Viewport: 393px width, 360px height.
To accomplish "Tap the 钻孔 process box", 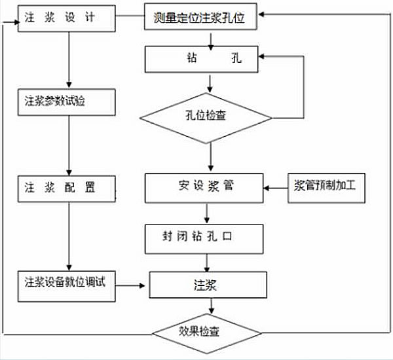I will coord(205,59).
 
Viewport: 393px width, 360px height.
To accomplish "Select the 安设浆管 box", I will coord(205,187).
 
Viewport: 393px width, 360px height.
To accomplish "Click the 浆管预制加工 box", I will coord(327,187).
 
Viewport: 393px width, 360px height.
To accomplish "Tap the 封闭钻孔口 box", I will coord(205,239).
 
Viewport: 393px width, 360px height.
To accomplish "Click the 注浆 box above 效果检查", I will coord(208,285).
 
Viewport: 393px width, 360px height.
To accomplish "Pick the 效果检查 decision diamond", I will coord(208,331).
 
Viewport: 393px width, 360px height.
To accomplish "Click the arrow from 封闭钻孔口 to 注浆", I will coord(208,262).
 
